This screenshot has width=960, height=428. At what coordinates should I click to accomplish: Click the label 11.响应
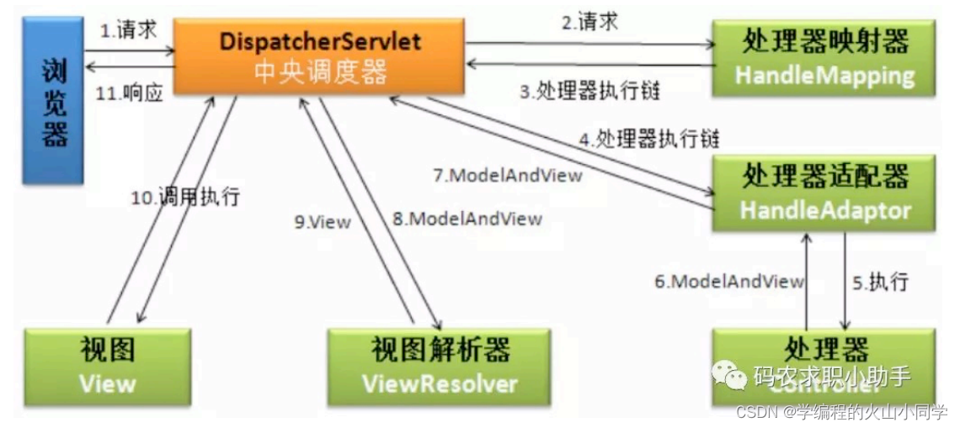(x=128, y=92)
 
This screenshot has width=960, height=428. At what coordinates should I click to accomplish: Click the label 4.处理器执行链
(x=648, y=139)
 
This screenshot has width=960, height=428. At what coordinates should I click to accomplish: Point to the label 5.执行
(x=879, y=282)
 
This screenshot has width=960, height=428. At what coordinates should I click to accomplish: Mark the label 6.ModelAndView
(x=729, y=282)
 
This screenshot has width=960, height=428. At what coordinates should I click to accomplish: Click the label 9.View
(x=322, y=222)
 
